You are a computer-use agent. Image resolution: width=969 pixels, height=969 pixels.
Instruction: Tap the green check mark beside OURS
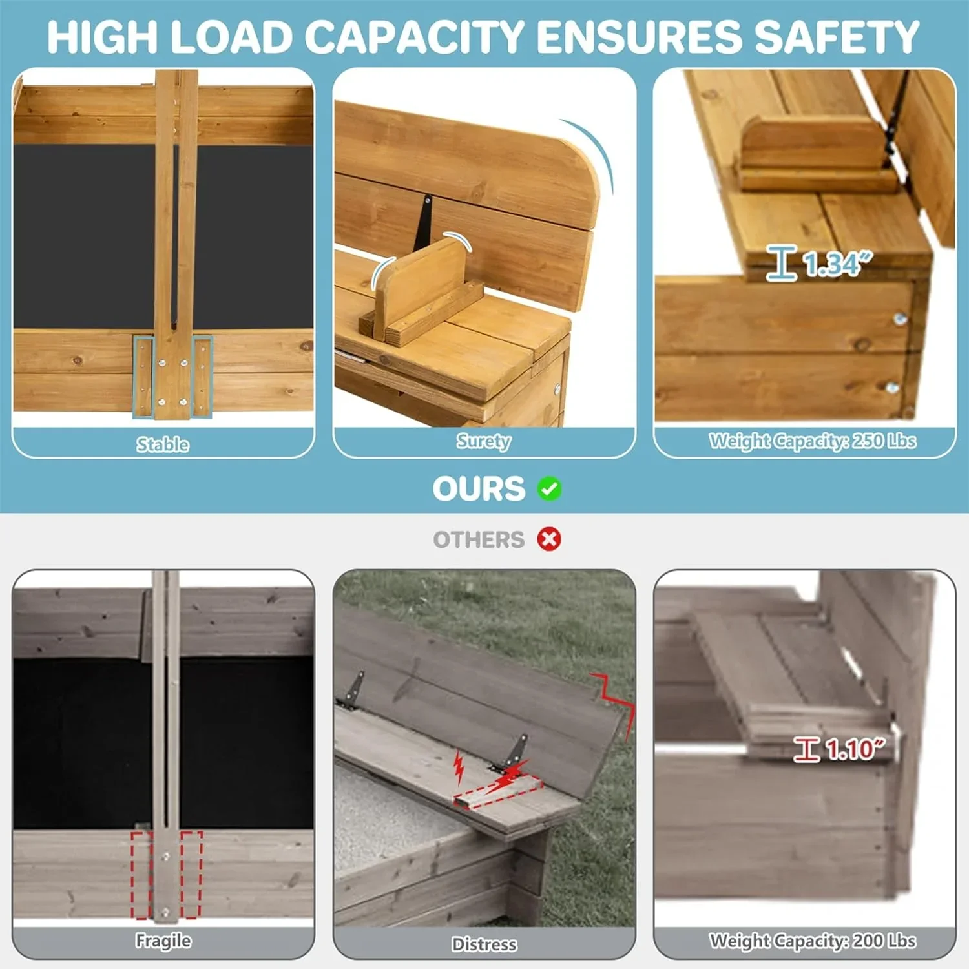pos(549,488)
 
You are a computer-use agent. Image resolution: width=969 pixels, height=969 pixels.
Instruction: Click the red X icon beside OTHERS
pos(549,539)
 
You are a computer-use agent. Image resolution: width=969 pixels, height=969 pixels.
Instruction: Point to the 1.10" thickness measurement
pos(855,749)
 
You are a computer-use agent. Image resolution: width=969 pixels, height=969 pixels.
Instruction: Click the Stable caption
pos(163,444)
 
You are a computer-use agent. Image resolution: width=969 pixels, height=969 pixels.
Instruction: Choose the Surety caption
pos(484,441)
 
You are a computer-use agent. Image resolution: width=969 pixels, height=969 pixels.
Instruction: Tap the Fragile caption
pos(163,941)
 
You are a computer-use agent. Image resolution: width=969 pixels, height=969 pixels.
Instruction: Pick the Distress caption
pos(484,944)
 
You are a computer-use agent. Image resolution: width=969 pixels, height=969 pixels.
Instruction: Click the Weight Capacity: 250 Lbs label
pos(813,441)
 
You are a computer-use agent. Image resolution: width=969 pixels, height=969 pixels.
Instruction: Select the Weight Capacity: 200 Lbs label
pos(813,941)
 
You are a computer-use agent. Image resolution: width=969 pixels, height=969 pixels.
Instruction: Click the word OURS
pos(479,489)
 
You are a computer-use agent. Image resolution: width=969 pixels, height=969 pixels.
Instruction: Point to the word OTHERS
pos(479,539)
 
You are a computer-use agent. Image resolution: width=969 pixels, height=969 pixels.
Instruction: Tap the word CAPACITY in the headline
pos(413,37)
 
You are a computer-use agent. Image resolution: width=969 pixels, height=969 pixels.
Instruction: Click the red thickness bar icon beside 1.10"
pos(807,749)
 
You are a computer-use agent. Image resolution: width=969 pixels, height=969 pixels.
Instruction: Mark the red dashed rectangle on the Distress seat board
pos(497,792)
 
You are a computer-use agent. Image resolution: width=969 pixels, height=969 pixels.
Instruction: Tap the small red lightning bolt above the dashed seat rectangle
pos(459,766)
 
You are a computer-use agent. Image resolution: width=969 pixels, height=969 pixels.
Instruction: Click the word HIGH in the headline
pos(102,37)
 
